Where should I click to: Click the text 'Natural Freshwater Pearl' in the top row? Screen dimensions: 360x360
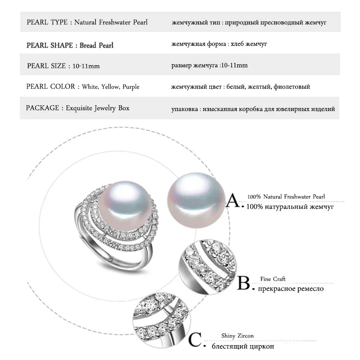[111, 22]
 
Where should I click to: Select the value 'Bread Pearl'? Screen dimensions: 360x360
[97, 45]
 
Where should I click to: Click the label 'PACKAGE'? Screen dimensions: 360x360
[42, 108]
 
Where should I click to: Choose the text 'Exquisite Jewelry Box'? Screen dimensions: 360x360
[98, 108]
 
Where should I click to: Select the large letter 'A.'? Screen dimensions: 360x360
[234, 200]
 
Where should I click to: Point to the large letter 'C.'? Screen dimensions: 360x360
[197, 341]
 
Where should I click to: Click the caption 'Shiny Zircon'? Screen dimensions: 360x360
[238, 336]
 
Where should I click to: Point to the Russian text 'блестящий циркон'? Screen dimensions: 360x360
[243, 346]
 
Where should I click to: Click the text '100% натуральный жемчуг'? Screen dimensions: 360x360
[290, 207]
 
